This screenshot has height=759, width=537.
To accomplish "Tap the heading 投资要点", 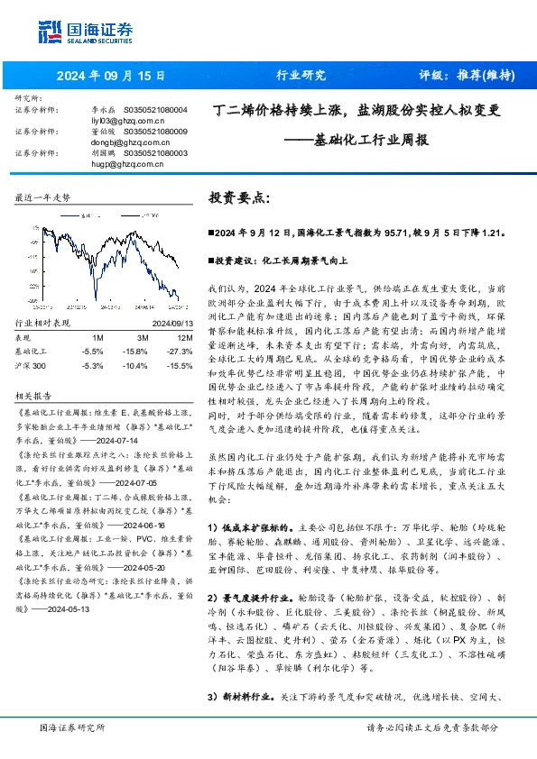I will [238, 196].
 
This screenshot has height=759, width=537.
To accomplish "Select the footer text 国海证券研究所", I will [72, 728].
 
